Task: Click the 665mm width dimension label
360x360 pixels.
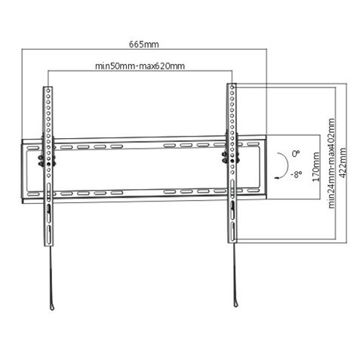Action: (143, 43)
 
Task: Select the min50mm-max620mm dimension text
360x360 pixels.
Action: (140, 66)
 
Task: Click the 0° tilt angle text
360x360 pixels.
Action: (297, 151)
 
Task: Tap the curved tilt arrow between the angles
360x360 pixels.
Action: (282, 163)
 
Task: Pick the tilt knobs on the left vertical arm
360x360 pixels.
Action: (42, 160)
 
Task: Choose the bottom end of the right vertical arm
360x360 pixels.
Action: (232, 242)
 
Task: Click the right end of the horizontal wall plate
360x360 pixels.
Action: (265, 170)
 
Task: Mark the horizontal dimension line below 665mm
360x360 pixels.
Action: (143, 51)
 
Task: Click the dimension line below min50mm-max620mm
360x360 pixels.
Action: (140, 72)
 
